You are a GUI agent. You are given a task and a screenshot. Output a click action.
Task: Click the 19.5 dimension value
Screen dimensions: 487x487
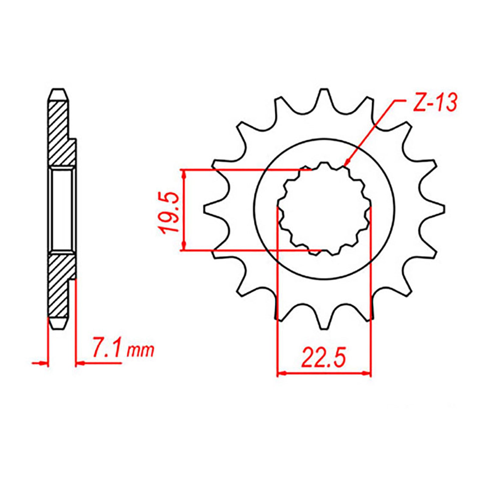[x=170, y=212]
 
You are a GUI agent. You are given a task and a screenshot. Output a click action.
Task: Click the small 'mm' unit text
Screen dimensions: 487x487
[x=141, y=352]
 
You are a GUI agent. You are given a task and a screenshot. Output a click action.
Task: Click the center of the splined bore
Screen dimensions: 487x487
[x=324, y=209]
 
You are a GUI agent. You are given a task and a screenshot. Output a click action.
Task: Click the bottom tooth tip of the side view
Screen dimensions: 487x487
[x=58, y=328]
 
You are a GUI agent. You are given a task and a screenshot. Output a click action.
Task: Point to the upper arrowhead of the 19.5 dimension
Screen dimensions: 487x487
[x=184, y=173]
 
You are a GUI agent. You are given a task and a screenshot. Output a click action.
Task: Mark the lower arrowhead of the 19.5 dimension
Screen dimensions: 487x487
[x=184, y=247]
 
